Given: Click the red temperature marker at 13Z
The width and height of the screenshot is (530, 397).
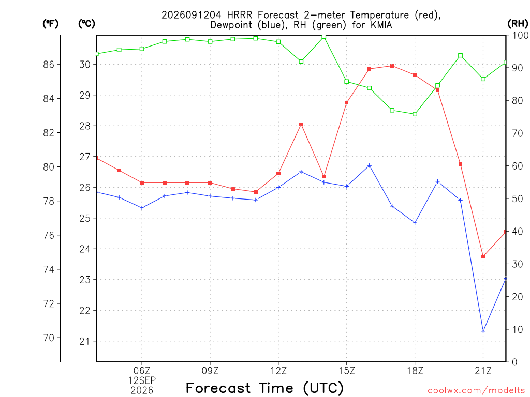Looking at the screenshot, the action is pos(301,125).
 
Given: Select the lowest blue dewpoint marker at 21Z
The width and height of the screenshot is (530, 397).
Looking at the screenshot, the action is pos(483,331).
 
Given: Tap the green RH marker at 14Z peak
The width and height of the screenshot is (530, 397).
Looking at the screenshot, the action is pos(324,37).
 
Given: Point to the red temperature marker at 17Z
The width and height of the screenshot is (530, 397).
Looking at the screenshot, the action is pos(392,66).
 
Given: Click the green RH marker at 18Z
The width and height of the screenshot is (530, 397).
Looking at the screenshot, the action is pos(415,114).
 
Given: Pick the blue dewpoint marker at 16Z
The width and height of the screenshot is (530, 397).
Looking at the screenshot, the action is pos(370,166).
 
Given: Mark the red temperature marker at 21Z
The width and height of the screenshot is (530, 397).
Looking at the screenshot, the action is pos(483,257).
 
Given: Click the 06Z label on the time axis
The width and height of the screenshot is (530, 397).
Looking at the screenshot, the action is pos(142,371).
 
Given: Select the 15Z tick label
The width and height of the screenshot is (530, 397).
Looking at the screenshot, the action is pos(347,371).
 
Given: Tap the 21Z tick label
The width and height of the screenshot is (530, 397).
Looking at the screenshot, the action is pos(483,371).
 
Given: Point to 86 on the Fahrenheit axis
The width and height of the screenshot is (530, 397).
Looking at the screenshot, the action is pos(49,64).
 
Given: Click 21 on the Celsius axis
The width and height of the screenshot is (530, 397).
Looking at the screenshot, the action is pos(84,341).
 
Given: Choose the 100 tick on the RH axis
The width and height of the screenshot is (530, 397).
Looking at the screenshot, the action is pos(521,35).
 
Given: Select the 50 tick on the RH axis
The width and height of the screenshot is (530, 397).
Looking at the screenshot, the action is pos(517,199).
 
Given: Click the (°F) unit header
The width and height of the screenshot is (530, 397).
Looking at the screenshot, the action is pos(50,24).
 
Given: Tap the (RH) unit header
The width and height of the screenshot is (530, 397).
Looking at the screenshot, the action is pos(518,24).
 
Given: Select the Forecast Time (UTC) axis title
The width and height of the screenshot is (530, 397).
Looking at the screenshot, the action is pos(264,388).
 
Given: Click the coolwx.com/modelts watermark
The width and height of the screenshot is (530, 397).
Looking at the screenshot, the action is pos(476,390).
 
